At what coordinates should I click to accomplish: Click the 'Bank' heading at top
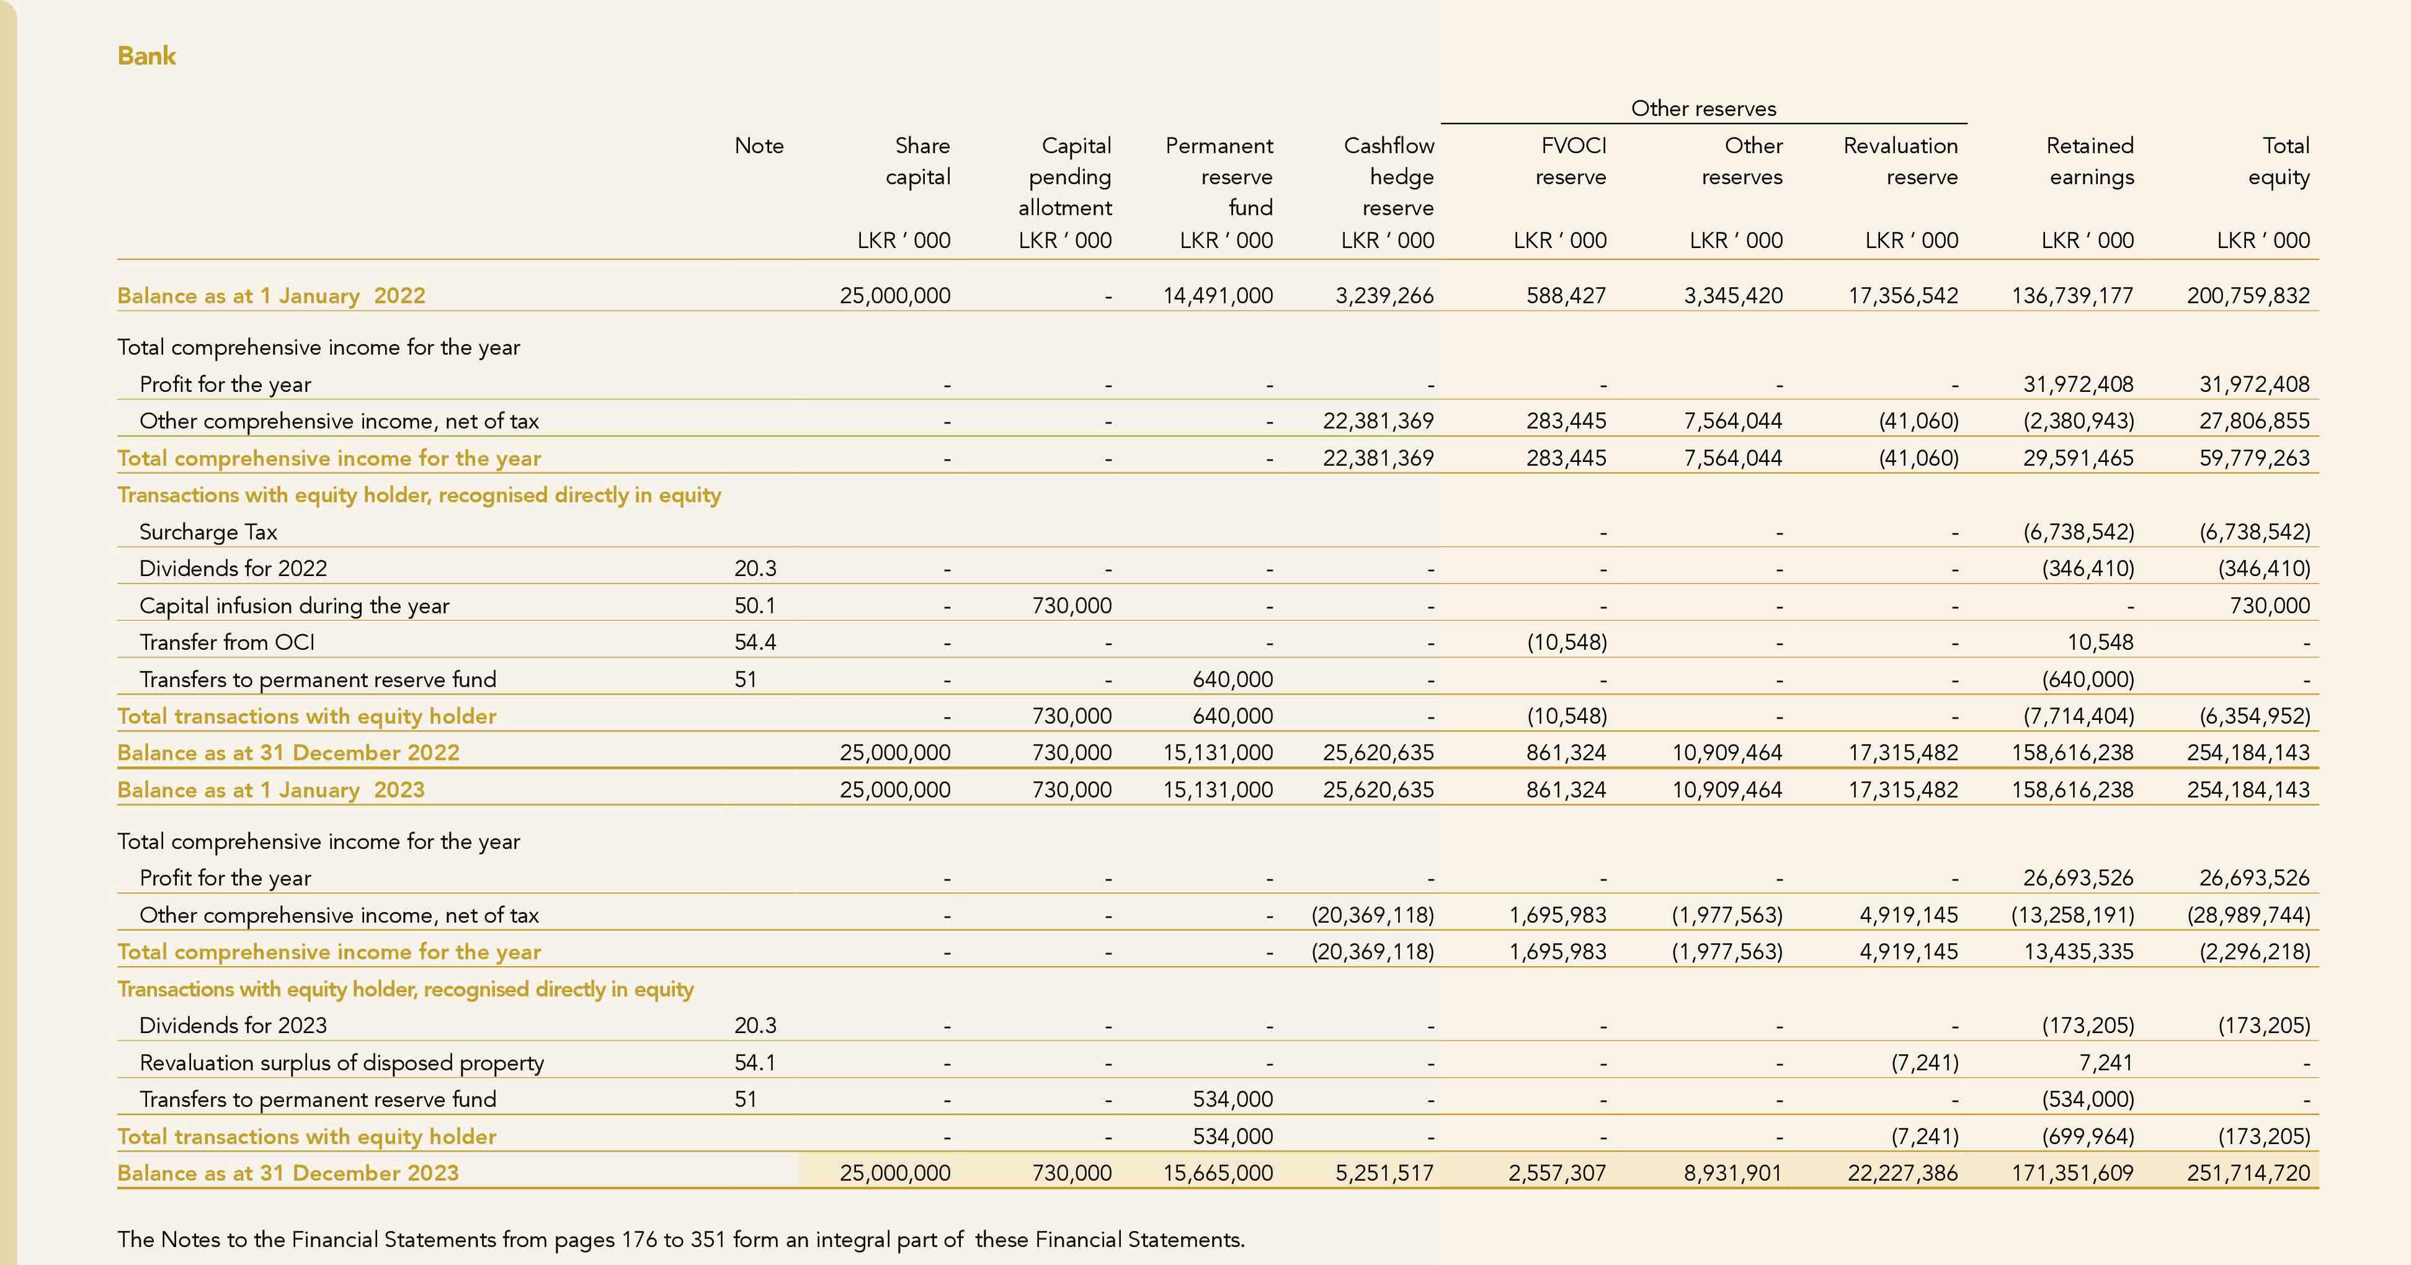tap(147, 56)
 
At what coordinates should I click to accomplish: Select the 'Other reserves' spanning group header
tap(1703, 109)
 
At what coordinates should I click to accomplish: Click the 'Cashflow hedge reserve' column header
tap(1388, 176)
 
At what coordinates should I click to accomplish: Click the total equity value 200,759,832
tap(2247, 296)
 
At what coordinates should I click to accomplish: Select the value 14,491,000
tap(1217, 296)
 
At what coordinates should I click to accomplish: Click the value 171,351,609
tap(2072, 1173)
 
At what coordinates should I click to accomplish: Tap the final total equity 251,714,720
tap(2247, 1173)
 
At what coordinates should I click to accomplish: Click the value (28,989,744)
tap(2247, 915)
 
